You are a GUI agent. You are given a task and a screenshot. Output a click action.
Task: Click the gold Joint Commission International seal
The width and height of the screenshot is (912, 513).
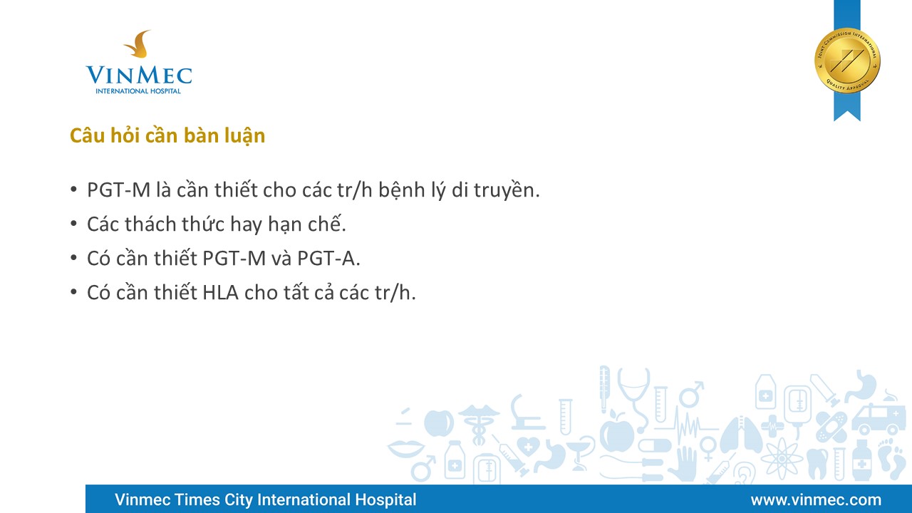point(847,61)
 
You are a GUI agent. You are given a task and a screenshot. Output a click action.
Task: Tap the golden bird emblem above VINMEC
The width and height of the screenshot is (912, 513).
point(138,43)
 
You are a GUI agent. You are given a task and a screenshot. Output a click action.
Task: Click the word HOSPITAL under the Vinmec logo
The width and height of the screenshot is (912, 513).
point(165,90)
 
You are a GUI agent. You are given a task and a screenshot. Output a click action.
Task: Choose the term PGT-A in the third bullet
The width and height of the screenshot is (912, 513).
point(328,259)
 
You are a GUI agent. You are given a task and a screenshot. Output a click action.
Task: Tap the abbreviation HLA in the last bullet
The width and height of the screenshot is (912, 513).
point(220,293)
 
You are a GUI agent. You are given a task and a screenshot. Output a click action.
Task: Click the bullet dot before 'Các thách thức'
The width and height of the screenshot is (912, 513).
point(73,224)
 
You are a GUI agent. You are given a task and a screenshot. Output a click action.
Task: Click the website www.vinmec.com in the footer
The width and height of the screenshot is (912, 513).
point(816,499)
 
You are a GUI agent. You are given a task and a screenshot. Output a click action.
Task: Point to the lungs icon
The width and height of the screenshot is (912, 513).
point(741,435)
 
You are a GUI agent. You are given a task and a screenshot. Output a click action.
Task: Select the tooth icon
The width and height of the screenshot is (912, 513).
point(817,463)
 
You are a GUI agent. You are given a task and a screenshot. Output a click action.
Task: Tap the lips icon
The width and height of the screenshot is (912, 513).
point(406,449)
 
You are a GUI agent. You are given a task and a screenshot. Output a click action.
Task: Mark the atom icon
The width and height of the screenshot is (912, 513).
point(782,458)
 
